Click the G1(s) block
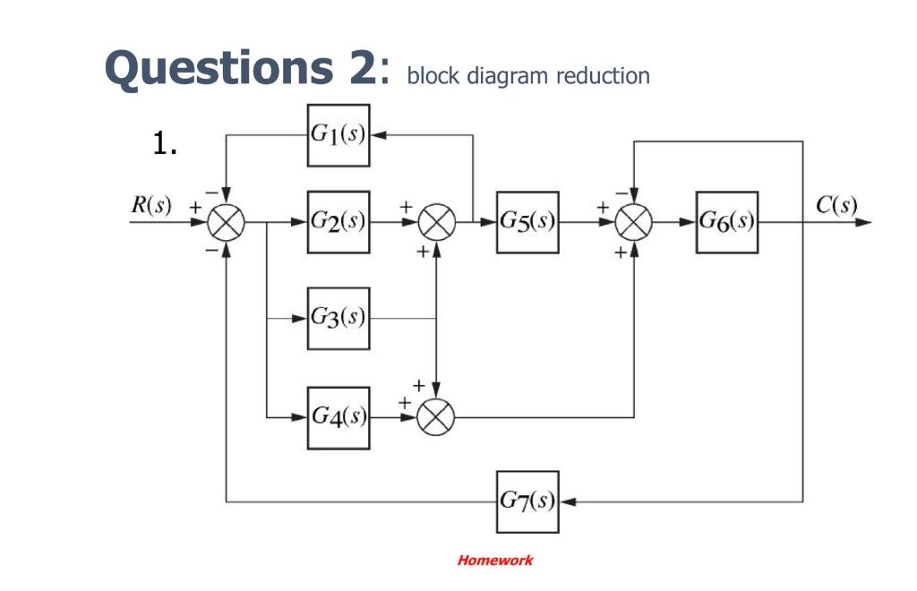pyautogui.click(x=339, y=135)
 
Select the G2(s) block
pyautogui.click(x=339, y=222)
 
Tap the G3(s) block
pyautogui.click(x=339, y=318)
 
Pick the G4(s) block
pyautogui.click(x=339, y=417)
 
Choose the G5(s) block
pyautogui.click(x=527, y=222)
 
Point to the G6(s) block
pyautogui.click(x=726, y=222)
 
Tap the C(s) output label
pyautogui.click(x=836, y=203)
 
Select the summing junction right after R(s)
pyautogui.click(x=227, y=222)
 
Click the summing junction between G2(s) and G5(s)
pyautogui.click(x=436, y=222)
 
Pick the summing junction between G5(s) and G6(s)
pyautogui.click(x=634, y=222)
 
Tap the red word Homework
pyautogui.click(x=494, y=561)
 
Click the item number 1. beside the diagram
pyautogui.click(x=165, y=144)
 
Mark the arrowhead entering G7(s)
pyautogui.click(x=566, y=501)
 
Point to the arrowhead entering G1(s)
pyautogui.click(x=377, y=135)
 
